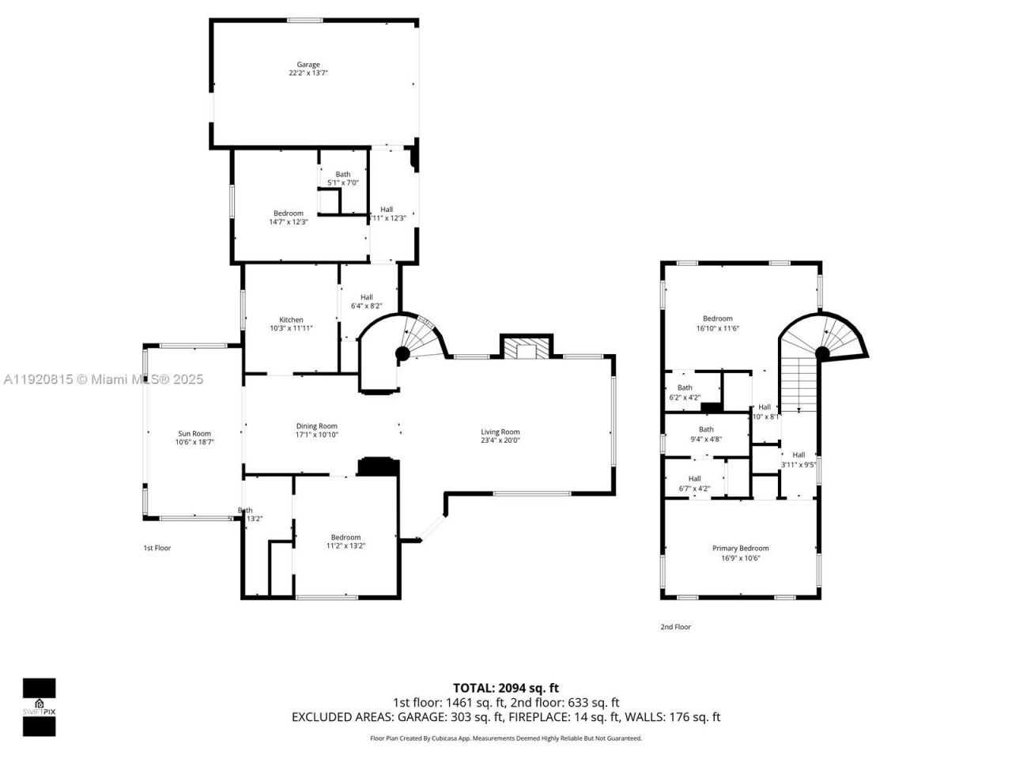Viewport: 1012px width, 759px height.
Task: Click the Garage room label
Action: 308,65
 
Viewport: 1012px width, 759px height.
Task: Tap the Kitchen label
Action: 291,320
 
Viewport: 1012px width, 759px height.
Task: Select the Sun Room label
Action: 194,433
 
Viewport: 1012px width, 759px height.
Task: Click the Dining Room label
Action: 317,426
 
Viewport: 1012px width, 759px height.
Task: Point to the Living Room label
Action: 500,432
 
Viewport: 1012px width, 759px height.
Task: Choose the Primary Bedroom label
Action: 740,548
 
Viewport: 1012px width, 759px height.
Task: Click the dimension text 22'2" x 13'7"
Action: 308,74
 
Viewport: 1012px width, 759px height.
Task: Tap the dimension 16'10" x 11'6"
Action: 718,328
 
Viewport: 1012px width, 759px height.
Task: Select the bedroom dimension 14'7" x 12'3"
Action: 289,222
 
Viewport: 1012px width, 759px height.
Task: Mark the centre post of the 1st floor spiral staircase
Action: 402,353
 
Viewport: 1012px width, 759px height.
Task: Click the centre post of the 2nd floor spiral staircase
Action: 822,353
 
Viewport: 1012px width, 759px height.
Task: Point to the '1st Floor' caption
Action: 157,548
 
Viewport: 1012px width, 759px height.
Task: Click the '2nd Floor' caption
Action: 676,627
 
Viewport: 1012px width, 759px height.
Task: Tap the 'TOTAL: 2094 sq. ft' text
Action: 506,688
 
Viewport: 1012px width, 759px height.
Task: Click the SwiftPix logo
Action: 39,707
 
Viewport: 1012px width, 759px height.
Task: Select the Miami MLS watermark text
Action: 103,379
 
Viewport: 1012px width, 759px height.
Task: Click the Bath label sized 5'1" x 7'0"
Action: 342,174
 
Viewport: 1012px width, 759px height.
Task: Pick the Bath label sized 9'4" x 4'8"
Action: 706,429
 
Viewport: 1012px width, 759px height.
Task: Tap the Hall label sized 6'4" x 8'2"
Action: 366,297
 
